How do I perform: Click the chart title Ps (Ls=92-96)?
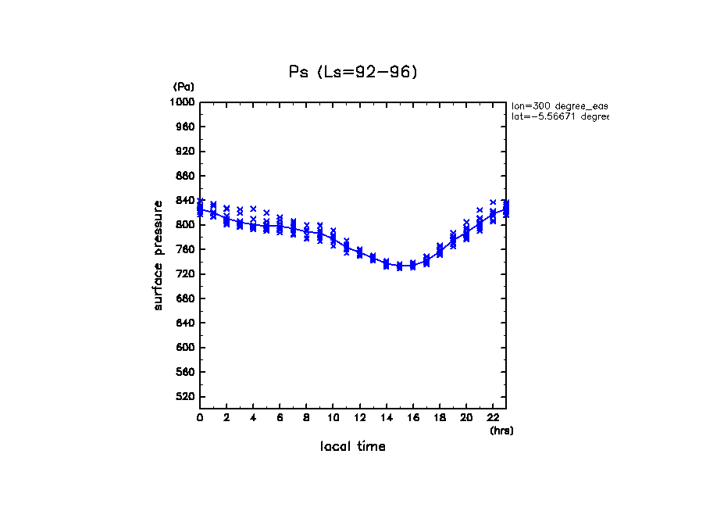coord(353,72)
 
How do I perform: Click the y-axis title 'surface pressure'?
coord(159,255)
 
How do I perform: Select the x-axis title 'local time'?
coord(353,447)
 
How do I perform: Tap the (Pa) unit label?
coord(184,87)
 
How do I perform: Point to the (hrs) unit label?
coord(501,431)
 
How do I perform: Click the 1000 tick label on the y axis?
coord(183,102)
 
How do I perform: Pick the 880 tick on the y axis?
coord(185,176)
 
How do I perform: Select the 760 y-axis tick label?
coord(185,250)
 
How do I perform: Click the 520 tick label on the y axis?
coord(185,397)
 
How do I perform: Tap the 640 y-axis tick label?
coord(185,323)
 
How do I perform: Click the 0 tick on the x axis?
coord(200,417)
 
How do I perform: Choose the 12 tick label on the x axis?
coord(359,417)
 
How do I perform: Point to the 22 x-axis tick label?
coord(493,417)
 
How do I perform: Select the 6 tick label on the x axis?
coord(280,417)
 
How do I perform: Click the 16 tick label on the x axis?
coord(412,417)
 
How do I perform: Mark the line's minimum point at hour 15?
coord(399,266)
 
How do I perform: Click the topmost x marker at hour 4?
coord(253,209)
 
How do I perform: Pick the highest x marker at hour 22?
coord(493,202)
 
